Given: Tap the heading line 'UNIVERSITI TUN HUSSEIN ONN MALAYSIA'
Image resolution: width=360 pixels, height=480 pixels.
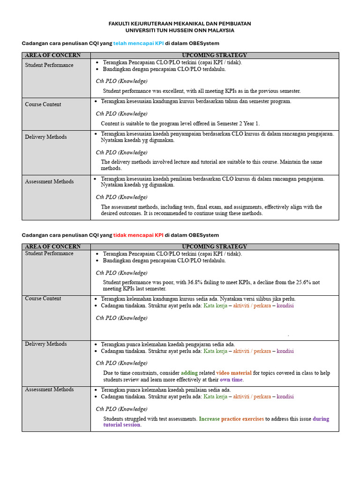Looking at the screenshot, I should click(180, 30).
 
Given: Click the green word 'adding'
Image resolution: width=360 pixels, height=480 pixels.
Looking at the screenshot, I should click(189, 373).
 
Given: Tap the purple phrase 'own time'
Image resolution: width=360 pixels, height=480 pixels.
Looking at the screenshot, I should click(232, 380).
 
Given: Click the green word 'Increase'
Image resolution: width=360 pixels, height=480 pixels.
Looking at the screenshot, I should click(209, 419).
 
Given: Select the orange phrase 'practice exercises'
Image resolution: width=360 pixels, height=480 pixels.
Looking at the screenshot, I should click(242, 419).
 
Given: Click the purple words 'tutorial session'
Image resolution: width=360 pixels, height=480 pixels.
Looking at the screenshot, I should click(122, 425).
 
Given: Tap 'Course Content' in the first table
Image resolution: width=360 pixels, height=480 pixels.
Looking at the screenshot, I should click(43, 105).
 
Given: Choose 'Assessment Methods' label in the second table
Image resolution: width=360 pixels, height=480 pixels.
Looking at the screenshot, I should click(49, 390).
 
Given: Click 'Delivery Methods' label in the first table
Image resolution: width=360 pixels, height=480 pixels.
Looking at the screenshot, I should click(46, 137).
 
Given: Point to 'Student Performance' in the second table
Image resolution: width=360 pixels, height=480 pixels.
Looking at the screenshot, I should click(49, 254).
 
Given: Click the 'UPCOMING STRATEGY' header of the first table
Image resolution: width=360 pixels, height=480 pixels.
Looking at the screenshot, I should click(214, 55).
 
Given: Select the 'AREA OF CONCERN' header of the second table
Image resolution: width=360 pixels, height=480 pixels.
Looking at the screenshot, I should click(52, 247).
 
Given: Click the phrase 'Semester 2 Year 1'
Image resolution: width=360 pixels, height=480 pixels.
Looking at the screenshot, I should click(237, 124).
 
